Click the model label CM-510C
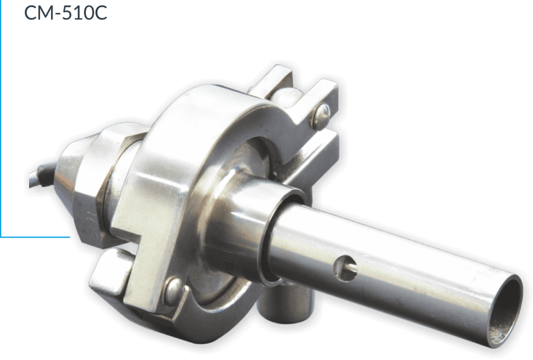coord(66,12)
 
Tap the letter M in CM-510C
coord(47,12)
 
